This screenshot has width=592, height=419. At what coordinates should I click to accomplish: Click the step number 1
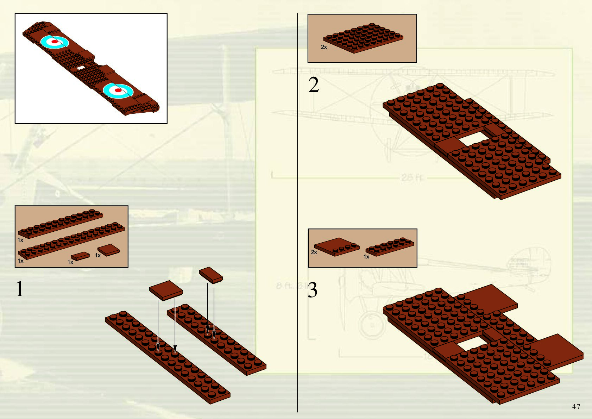click(x=20, y=289)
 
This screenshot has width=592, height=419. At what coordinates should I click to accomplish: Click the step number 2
click(x=314, y=85)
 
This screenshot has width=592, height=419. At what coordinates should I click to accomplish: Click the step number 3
click(x=313, y=290)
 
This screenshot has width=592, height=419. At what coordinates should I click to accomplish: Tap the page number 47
click(x=576, y=406)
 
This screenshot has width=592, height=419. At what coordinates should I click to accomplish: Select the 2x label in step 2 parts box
click(x=324, y=47)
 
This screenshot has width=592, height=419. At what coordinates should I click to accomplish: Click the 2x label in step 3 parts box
click(x=314, y=252)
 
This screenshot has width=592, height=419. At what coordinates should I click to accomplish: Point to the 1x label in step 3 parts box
click(x=366, y=257)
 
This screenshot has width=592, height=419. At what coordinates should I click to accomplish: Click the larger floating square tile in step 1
click(x=166, y=290)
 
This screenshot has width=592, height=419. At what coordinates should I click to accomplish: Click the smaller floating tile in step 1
click(x=211, y=275)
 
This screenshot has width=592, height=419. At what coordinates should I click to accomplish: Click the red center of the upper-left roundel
click(x=55, y=42)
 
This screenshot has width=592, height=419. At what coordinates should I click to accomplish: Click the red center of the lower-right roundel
click(x=118, y=90)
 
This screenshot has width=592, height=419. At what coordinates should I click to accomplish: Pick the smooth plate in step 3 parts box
click(x=336, y=246)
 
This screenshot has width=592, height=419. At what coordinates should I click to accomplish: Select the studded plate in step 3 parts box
click(x=390, y=246)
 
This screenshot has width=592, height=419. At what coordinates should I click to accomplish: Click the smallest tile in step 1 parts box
click(x=80, y=256)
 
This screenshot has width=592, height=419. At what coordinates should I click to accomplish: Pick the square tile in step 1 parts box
click(x=108, y=250)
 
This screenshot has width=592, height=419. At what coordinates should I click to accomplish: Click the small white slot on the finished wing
click(x=81, y=68)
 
